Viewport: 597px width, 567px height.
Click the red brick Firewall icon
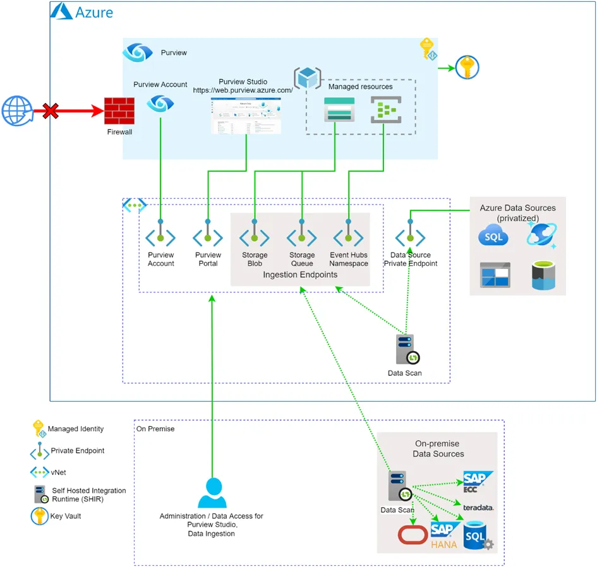[119, 111]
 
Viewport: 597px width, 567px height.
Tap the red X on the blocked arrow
[50, 112]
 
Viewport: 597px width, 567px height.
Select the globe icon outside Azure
[16, 112]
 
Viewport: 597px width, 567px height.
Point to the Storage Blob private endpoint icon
[255, 237]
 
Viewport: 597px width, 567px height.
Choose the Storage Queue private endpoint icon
[302, 237]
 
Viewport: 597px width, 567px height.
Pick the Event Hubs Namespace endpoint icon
[349, 237]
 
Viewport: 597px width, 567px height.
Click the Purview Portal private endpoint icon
[208, 237]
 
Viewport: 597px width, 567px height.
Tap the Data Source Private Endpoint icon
[411, 237]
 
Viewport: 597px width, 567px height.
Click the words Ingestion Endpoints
[300, 275]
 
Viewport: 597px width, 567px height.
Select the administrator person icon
[212, 493]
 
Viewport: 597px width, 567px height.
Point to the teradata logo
[478, 508]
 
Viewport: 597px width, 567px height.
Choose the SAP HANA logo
[445, 534]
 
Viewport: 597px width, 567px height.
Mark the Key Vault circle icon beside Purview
[467, 67]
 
